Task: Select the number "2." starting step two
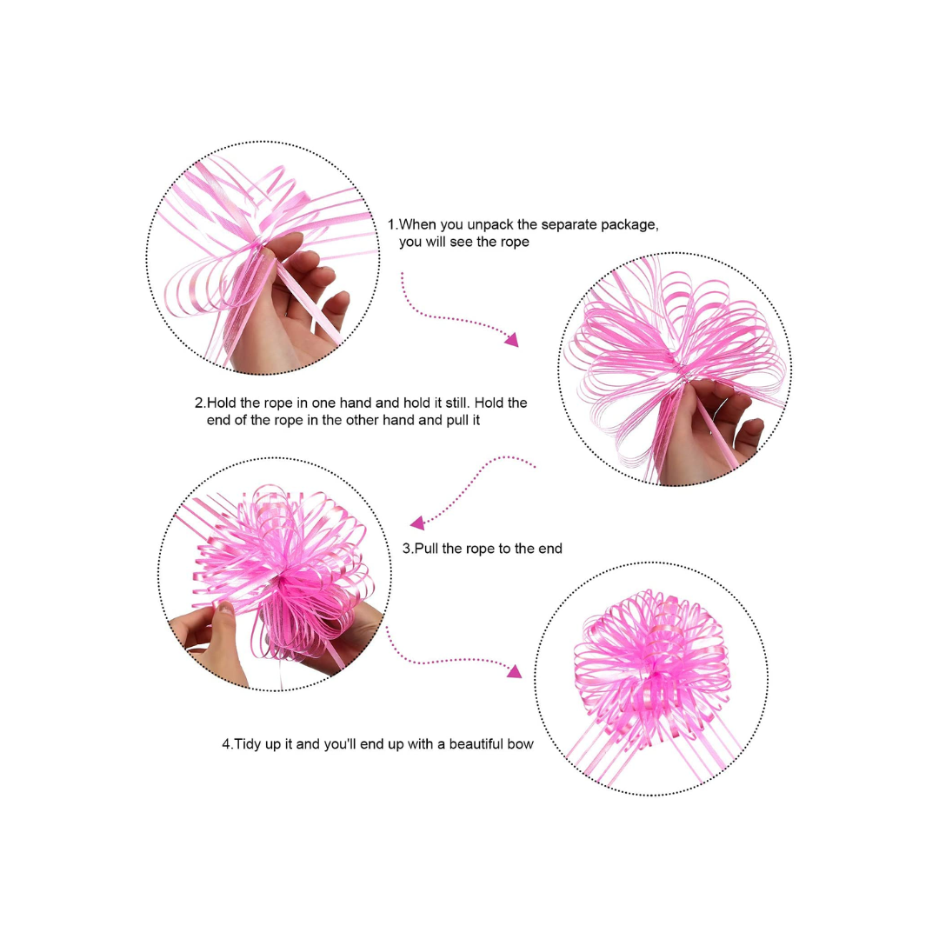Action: tap(200, 403)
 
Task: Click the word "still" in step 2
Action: tap(456, 403)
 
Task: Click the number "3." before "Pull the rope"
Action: tap(408, 549)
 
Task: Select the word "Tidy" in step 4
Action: tap(247, 744)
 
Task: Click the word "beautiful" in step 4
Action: tap(476, 743)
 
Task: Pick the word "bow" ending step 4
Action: tap(520, 743)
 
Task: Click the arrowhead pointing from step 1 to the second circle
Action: tap(512, 340)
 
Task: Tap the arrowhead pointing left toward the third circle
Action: tap(417, 523)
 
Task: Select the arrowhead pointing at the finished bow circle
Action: tap(515, 670)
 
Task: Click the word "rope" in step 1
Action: tap(515, 243)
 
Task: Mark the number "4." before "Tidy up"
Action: tap(228, 744)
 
